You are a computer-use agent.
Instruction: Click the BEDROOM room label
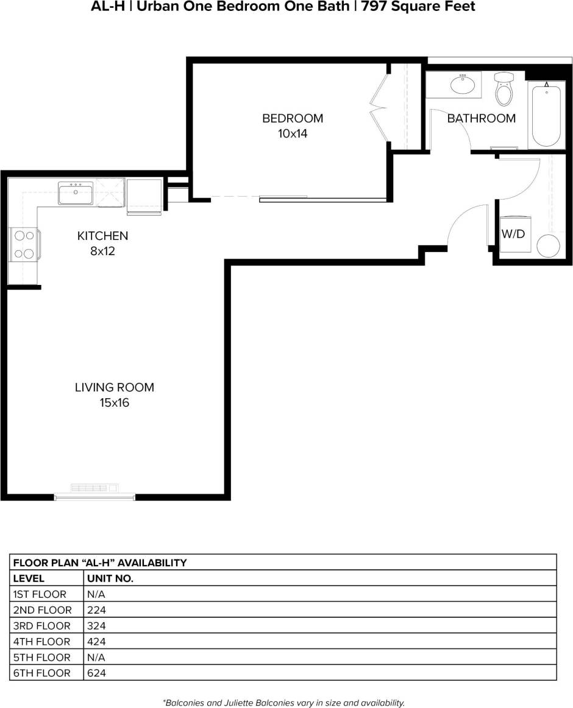pyautogui.click(x=293, y=118)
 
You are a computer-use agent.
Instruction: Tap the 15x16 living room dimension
pyautogui.click(x=115, y=402)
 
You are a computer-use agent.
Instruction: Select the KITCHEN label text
pyautogui.click(x=102, y=236)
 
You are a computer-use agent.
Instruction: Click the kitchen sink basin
pyautogui.click(x=76, y=194)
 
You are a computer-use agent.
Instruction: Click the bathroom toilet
pyautogui.click(x=504, y=90)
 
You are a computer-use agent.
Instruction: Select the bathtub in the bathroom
pyautogui.click(x=546, y=116)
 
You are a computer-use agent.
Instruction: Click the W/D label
pyautogui.click(x=513, y=233)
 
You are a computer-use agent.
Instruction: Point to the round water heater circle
pyautogui.click(x=549, y=246)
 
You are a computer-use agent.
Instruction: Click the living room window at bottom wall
pyautogui.click(x=94, y=497)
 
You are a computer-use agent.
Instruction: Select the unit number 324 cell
pyautogui.click(x=96, y=626)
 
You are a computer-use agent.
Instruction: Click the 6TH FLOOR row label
pyautogui.click(x=41, y=673)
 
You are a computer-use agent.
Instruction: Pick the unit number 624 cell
pyautogui.click(x=96, y=673)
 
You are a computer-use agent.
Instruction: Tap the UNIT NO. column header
pyautogui.click(x=110, y=578)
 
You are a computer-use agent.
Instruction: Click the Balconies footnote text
pyautogui.click(x=284, y=703)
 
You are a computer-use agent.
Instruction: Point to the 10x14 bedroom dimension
pyautogui.click(x=293, y=133)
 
